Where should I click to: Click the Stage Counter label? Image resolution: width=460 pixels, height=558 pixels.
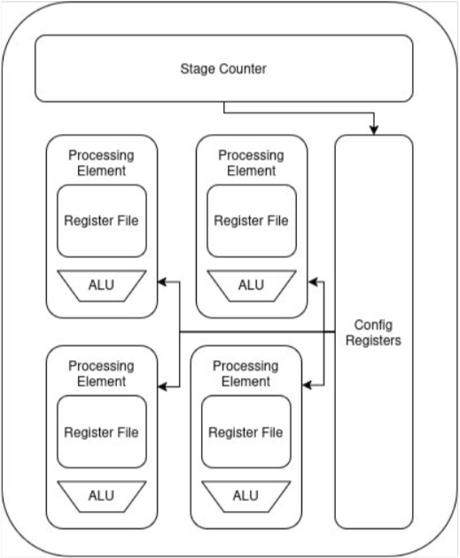point(223,68)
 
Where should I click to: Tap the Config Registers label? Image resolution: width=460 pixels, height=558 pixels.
point(374,333)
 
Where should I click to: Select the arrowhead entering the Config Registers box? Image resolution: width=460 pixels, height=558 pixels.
point(374,130)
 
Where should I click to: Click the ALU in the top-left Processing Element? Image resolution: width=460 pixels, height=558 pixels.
point(102,286)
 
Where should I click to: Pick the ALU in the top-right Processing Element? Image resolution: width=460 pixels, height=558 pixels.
point(252,286)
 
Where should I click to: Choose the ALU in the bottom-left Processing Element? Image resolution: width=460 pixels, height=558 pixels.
point(102,497)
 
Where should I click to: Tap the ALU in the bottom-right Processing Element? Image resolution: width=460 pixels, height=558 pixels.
point(246,497)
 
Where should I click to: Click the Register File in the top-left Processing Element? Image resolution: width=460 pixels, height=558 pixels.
point(102,221)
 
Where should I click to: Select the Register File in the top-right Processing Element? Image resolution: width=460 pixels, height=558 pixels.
point(252,221)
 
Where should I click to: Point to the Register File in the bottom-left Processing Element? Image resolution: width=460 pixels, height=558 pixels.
point(102,432)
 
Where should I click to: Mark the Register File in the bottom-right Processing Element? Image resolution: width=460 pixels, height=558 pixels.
point(246,432)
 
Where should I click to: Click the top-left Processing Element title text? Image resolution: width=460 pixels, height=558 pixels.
point(101,163)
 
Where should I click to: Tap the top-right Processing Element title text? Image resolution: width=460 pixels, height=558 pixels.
point(252,163)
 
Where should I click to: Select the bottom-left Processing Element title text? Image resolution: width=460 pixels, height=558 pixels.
point(101,373)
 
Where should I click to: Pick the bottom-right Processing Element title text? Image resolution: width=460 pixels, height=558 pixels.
point(246,373)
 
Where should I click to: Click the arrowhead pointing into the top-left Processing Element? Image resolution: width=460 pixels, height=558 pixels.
point(162,282)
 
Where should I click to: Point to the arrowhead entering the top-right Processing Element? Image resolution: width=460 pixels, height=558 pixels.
point(313,282)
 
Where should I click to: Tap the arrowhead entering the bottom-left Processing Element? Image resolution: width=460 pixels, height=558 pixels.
point(162,386)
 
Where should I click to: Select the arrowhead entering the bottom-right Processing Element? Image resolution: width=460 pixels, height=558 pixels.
point(308,385)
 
